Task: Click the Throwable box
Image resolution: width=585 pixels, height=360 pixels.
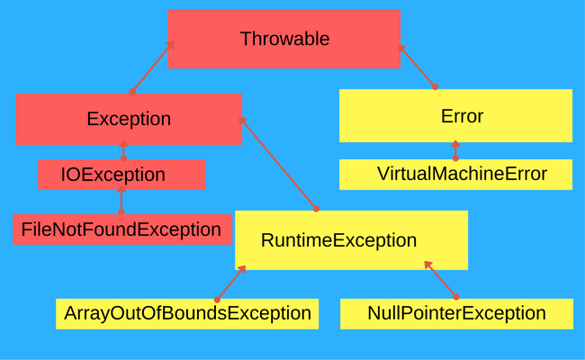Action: tap(283, 39)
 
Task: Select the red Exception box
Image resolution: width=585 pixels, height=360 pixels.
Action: tap(129, 119)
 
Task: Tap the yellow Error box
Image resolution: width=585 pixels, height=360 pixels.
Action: tap(455, 115)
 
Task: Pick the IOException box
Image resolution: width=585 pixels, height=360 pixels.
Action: tap(121, 175)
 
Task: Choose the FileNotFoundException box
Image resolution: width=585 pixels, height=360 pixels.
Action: tap(121, 229)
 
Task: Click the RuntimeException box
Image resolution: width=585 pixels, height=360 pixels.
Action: tap(351, 240)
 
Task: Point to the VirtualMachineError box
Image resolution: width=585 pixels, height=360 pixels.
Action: tap(455, 174)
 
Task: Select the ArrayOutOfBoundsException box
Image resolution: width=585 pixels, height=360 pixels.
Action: tap(186, 313)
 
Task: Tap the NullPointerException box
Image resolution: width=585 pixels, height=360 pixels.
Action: tap(456, 313)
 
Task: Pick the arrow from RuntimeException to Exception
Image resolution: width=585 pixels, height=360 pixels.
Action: tap(278, 163)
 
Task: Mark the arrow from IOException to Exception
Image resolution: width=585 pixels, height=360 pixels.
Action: tap(123, 150)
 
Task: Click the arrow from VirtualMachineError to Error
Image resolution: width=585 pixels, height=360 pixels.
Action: tap(455, 149)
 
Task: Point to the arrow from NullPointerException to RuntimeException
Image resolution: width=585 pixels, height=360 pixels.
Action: tap(440, 280)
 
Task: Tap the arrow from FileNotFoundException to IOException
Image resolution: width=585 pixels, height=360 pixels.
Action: tap(121, 202)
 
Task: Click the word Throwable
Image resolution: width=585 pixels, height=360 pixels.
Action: tap(284, 39)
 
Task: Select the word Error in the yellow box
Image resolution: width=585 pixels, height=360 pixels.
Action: tap(462, 116)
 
